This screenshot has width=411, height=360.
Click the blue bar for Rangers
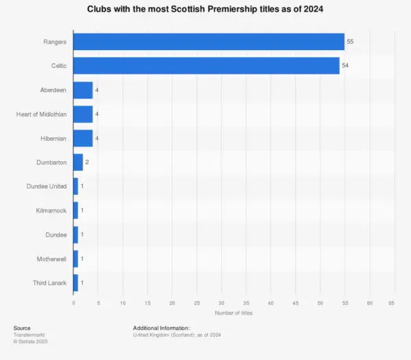point(208,42)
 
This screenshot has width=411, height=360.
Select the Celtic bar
point(206,66)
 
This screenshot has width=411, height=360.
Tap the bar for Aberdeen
point(83,90)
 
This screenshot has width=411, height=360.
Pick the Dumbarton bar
point(78,162)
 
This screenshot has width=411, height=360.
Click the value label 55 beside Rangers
point(350,42)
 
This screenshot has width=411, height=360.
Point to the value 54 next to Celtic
point(345,66)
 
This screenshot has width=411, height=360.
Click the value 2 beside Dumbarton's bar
point(88,162)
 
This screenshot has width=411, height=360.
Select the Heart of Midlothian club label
point(41,114)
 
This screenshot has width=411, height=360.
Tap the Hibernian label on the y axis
point(53,138)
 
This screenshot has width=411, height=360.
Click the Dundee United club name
point(47,186)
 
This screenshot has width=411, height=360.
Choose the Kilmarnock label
point(51,210)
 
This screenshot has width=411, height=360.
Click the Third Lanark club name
point(50,282)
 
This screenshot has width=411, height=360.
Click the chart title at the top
point(206,10)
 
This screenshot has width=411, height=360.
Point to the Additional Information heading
point(161,328)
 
